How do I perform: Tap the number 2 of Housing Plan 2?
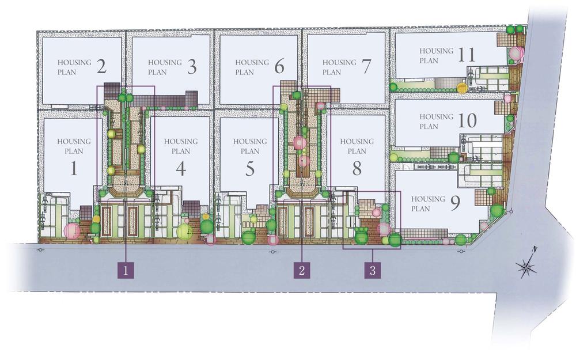point(101,67)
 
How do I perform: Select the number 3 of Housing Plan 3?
point(192,67)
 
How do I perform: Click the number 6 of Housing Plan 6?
point(279,67)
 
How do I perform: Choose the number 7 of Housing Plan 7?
point(366,67)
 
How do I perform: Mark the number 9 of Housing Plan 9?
point(454,204)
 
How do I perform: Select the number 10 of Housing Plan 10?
point(467,120)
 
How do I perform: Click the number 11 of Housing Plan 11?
point(467,55)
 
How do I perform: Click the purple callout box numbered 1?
point(126,270)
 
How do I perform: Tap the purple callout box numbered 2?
point(301,270)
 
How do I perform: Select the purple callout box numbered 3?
point(373,270)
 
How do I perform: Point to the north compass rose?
point(527,266)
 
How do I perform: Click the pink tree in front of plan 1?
point(72,231)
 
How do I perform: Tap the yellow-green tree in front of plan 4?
point(184,232)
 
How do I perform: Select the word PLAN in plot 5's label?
point(249,151)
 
